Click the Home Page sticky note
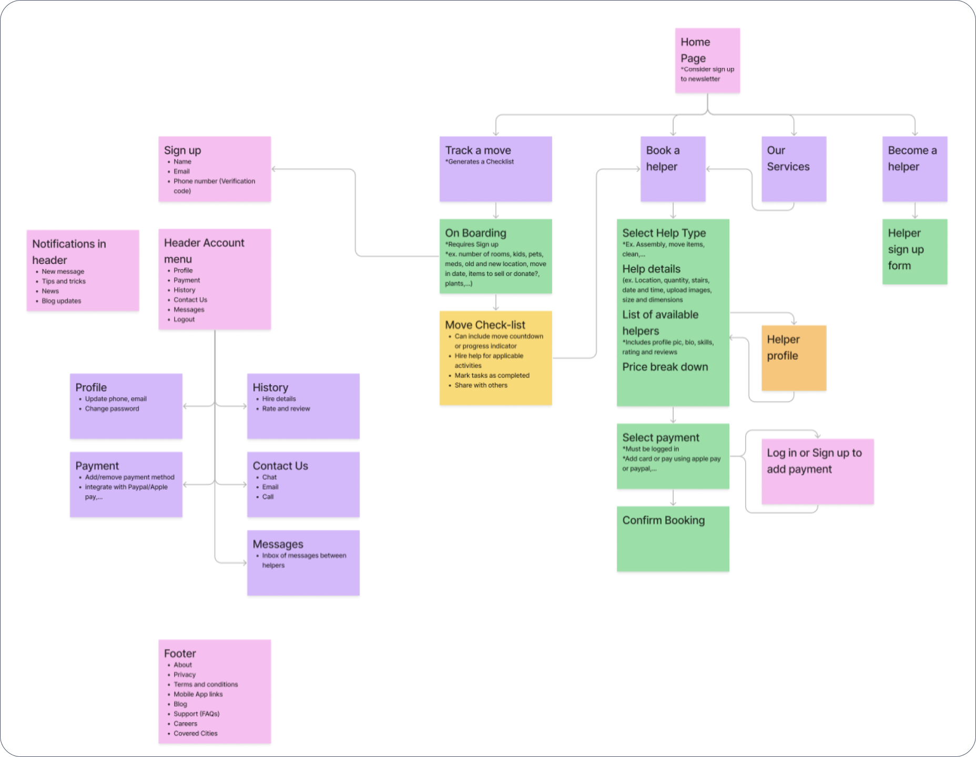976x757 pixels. [707, 60]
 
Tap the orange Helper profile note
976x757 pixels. [794, 358]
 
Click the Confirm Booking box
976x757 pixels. [673, 538]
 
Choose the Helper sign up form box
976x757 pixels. [914, 251]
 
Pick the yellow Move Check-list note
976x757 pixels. [495, 358]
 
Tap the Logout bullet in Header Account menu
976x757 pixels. [184, 320]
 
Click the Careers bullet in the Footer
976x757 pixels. [186, 724]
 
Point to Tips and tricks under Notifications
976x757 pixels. [64, 281]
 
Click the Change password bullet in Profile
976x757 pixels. [112, 409]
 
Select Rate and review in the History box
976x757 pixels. [286, 409]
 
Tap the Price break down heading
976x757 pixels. [665, 367]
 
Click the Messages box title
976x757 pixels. [278, 544]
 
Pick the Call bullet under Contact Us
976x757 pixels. [268, 497]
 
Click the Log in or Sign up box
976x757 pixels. [817, 472]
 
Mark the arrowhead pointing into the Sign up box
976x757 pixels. [274, 169]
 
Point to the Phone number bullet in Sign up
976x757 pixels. [214, 181]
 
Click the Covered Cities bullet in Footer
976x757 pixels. [196, 733]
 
